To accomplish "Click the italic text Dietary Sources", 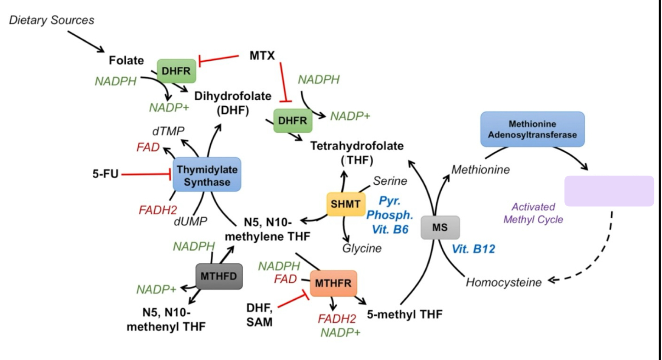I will click(52, 20).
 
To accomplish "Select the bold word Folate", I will click(126, 60).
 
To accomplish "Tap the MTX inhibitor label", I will click(262, 56).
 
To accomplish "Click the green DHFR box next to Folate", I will click(176, 71).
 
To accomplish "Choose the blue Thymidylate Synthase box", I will click(207, 175).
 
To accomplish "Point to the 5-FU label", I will click(105, 174).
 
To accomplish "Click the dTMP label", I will click(168, 131).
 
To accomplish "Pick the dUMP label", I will click(190, 221).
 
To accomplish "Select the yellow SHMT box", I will click(346, 203).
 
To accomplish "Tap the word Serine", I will click(390, 181).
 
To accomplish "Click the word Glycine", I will click(362, 248).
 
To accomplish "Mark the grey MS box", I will click(440, 227).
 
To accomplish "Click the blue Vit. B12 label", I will click(473, 249).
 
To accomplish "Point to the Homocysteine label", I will click(504, 282).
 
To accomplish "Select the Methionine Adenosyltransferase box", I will click(532, 129).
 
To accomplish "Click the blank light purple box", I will click(609, 191).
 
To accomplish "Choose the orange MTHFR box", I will click(333, 283).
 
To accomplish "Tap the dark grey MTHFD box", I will click(219, 276).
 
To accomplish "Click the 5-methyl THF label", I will click(404, 314).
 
